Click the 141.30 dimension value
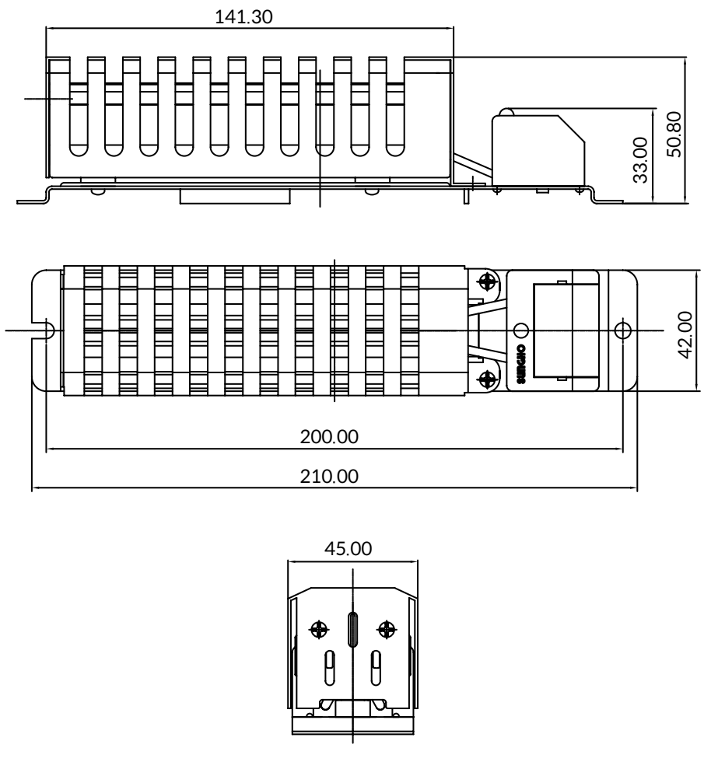pos(243,17)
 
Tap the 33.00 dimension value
pos(640,160)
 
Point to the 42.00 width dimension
pos(685,335)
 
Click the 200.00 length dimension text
pos(329,437)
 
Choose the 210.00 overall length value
pos(329,476)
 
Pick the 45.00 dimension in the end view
pos(348,549)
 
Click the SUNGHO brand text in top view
pos(521,365)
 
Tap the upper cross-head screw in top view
pos(487,281)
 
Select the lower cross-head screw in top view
pos(487,379)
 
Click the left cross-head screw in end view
pos(319,630)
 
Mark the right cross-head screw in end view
pos(387,630)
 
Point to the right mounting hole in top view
pos(623,330)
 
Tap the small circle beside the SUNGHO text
pos(521,330)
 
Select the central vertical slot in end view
pos(352,629)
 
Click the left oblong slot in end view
pos(330,668)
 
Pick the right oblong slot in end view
pos(376,668)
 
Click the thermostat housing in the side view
pos(538,149)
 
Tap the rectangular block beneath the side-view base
pos(235,196)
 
